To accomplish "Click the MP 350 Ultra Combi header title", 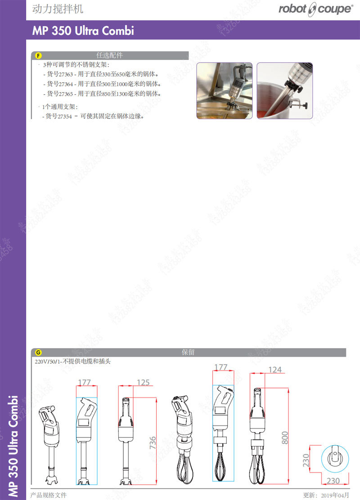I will click(x=83, y=31).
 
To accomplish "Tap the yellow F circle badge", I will click(x=38, y=56).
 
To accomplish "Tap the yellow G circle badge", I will click(x=38, y=353).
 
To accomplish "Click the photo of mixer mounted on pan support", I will click(x=224, y=90).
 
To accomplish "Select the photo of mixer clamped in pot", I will click(x=284, y=90).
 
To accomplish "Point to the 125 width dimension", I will click(x=143, y=383).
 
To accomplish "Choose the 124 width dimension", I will click(x=274, y=370).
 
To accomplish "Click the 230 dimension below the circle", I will click(x=333, y=481).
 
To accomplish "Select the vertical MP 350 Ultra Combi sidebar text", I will click(x=13, y=445).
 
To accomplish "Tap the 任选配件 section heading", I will click(x=109, y=56).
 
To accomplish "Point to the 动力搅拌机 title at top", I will click(x=58, y=9).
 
